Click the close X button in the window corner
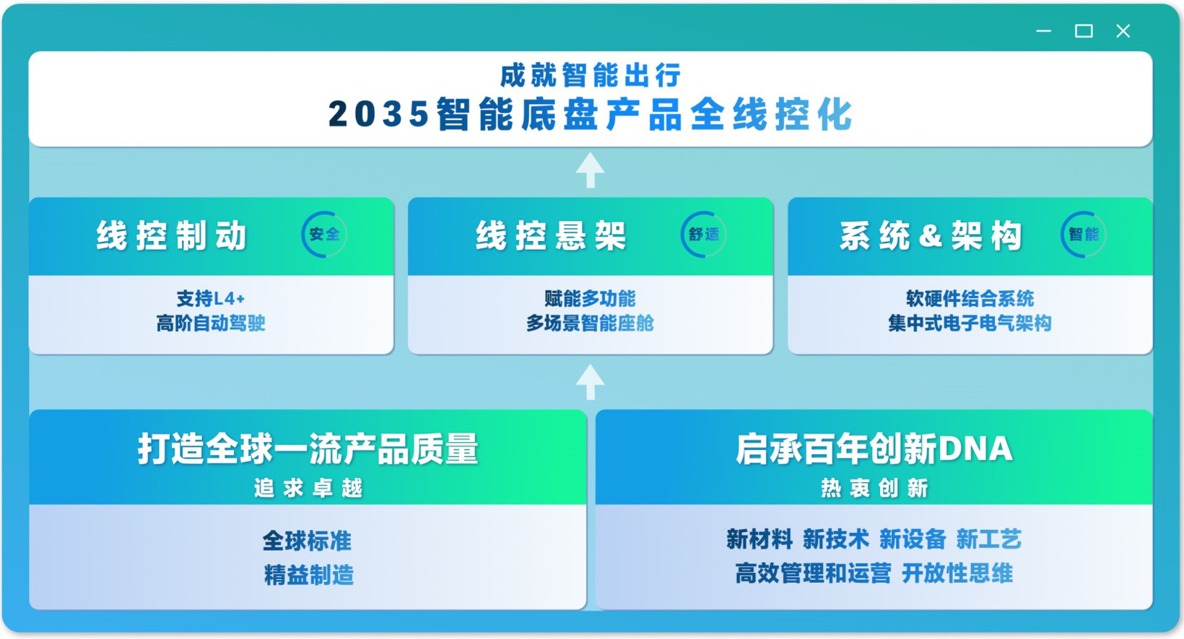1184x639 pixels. [1123, 31]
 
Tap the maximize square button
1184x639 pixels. [1083, 31]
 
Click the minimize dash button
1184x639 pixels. [1043, 31]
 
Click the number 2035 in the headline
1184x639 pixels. [378, 114]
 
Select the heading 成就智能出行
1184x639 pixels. [591, 75]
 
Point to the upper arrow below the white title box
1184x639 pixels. [591, 170]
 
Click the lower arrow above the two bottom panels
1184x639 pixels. [591, 382]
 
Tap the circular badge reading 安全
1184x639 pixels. [324, 235]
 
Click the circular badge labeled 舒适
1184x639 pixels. [704, 235]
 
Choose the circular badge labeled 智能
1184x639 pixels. [1083, 235]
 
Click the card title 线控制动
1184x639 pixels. [172, 236]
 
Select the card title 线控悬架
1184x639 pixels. [551, 236]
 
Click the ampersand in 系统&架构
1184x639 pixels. [931, 236]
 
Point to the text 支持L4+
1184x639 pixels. [211, 298]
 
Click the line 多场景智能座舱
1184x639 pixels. [590, 323]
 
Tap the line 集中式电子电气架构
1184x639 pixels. [970, 323]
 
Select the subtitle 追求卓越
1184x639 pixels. [308, 489]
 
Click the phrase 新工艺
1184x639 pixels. [988, 539]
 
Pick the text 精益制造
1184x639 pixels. [308, 575]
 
